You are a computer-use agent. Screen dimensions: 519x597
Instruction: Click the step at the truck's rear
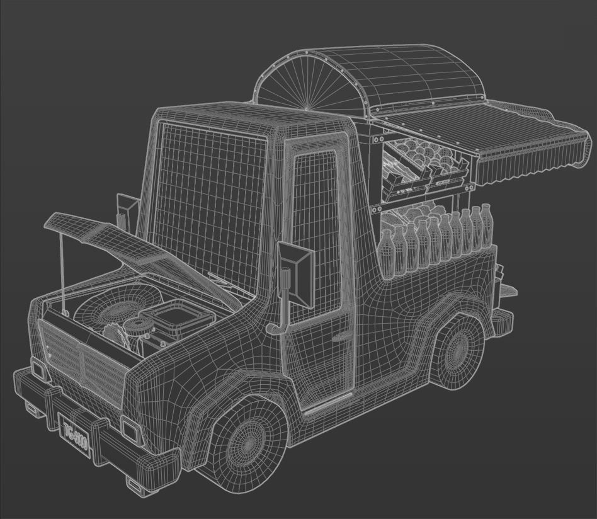[508, 290]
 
